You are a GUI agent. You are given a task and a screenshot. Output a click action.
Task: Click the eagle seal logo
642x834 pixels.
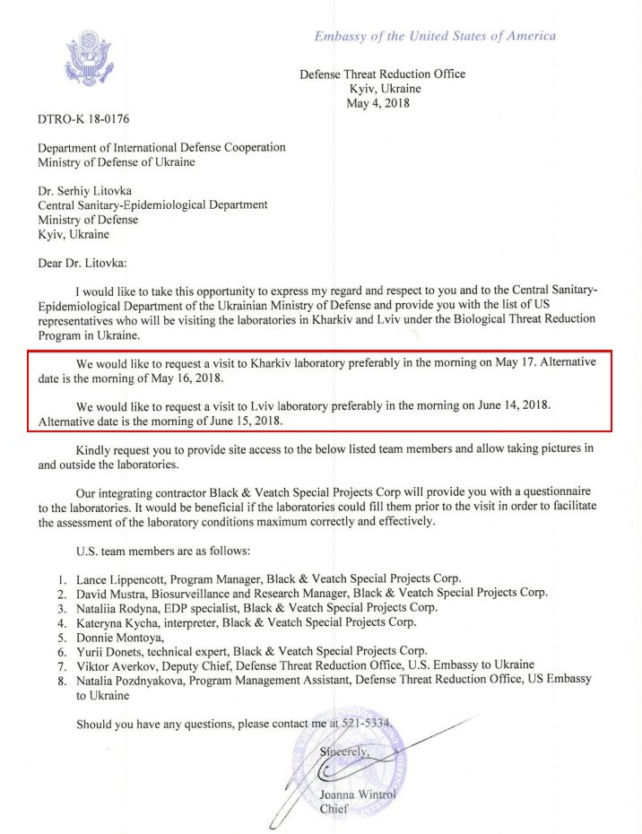[88, 58]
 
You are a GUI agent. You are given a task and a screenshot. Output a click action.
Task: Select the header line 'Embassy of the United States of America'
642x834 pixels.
[434, 36]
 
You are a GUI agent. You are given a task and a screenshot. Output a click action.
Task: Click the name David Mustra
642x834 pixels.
[114, 593]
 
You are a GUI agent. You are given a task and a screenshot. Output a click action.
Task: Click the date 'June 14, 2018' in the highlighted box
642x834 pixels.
[507, 405]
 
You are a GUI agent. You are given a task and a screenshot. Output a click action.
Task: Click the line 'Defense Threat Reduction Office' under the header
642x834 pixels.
[383, 74]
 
